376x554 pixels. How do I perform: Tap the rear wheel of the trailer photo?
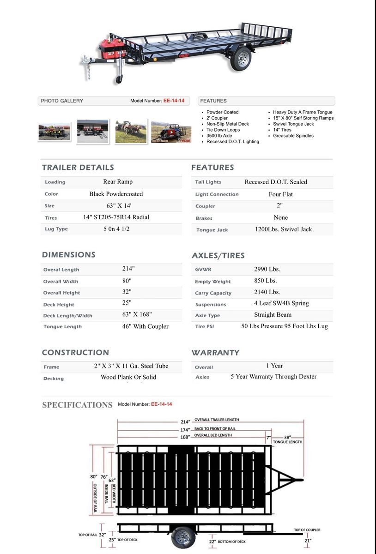(241, 59)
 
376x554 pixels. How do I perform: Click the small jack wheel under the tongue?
(119, 79)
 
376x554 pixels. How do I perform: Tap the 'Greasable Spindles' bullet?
(293, 136)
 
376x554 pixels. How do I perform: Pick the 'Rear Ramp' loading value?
(118, 182)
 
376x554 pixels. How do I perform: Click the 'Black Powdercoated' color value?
(116, 194)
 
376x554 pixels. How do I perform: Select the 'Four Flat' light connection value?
(280, 194)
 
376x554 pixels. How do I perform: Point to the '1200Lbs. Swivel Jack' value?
(283, 229)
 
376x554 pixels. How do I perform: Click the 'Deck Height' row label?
(59, 305)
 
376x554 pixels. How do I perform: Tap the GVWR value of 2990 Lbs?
(267, 269)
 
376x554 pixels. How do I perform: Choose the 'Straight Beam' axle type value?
(273, 315)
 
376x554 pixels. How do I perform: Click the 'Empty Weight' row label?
(212, 282)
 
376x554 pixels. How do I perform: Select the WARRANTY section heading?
(215, 353)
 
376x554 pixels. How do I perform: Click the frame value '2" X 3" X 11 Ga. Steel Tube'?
(131, 366)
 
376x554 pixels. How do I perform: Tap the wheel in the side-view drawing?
(183, 536)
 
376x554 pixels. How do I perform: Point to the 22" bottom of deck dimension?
(212, 541)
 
